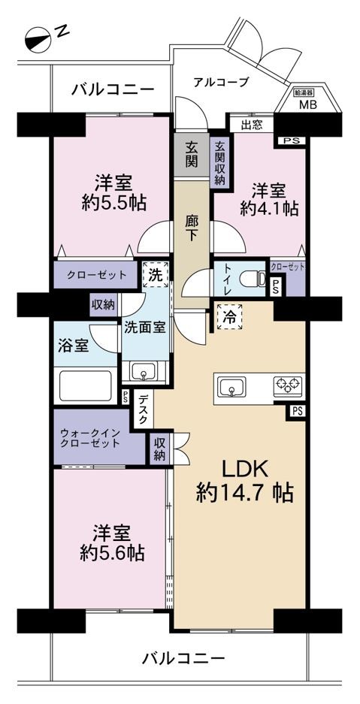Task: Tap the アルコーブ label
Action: pos(221,82)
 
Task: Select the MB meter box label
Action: pos(308,105)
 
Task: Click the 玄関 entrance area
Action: pos(192,155)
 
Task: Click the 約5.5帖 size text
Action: pos(113,204)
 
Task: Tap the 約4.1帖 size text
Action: pos(269,209)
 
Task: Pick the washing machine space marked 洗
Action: pos(156,275)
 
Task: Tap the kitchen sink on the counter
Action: pos(231,387)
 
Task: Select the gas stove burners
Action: pos(288,385)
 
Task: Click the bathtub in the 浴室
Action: pos(85,385)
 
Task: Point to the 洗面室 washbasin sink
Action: pos(144,372)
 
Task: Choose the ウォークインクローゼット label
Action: pos(90,439)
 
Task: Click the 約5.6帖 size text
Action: pos(112,544)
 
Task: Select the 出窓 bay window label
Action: pos(252,125)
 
